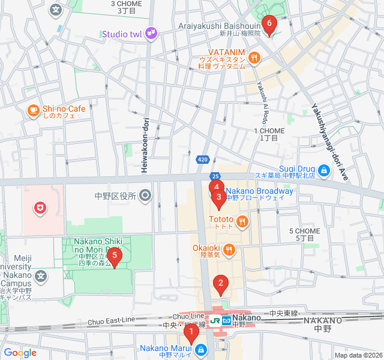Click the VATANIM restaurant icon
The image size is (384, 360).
pos(255,58)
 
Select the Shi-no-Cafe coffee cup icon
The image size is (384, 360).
pos(33,110)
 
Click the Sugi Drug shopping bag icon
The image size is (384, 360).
pos(324,172)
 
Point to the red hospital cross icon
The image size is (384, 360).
pos(40,208)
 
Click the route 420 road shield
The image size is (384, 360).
pos(203,160)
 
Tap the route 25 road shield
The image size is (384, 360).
pos(215,176)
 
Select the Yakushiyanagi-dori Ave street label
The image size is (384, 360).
pos(329,142)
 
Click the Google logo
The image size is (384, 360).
pos(20,353)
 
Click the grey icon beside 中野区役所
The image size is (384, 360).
pos(145,195)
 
